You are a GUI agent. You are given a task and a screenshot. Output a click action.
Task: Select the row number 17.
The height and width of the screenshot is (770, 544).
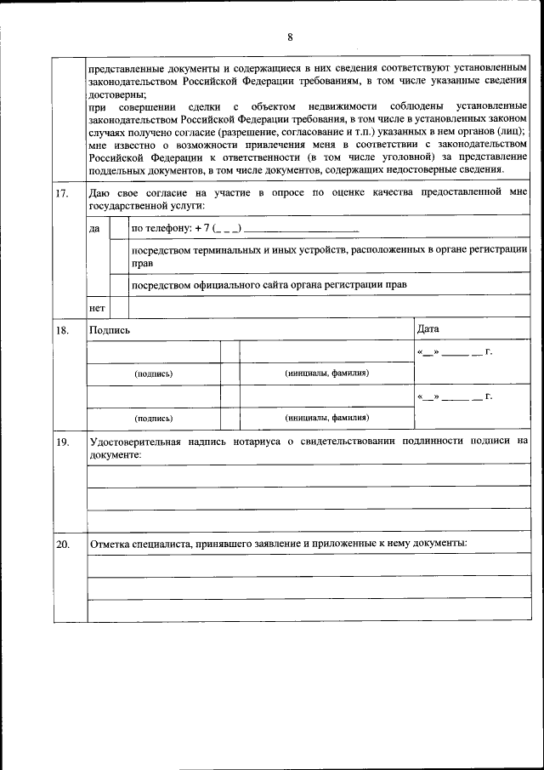62,193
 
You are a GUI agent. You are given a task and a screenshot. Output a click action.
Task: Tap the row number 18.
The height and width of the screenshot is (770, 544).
62,329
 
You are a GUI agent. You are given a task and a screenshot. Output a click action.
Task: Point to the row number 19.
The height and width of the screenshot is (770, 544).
62,442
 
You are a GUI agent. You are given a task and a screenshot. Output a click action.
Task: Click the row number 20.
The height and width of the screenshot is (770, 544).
62,544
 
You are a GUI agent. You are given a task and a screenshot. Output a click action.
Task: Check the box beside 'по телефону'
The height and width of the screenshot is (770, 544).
118,229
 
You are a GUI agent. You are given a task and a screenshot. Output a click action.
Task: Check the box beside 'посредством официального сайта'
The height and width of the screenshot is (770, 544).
118,284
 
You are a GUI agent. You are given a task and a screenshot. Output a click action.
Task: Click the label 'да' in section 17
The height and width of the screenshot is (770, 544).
94,229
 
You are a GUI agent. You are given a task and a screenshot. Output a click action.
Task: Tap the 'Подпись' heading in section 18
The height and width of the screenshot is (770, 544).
110,329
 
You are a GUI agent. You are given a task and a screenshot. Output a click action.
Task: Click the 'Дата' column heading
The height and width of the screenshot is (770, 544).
428,328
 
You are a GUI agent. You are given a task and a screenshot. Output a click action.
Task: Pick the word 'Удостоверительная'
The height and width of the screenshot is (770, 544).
138,442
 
